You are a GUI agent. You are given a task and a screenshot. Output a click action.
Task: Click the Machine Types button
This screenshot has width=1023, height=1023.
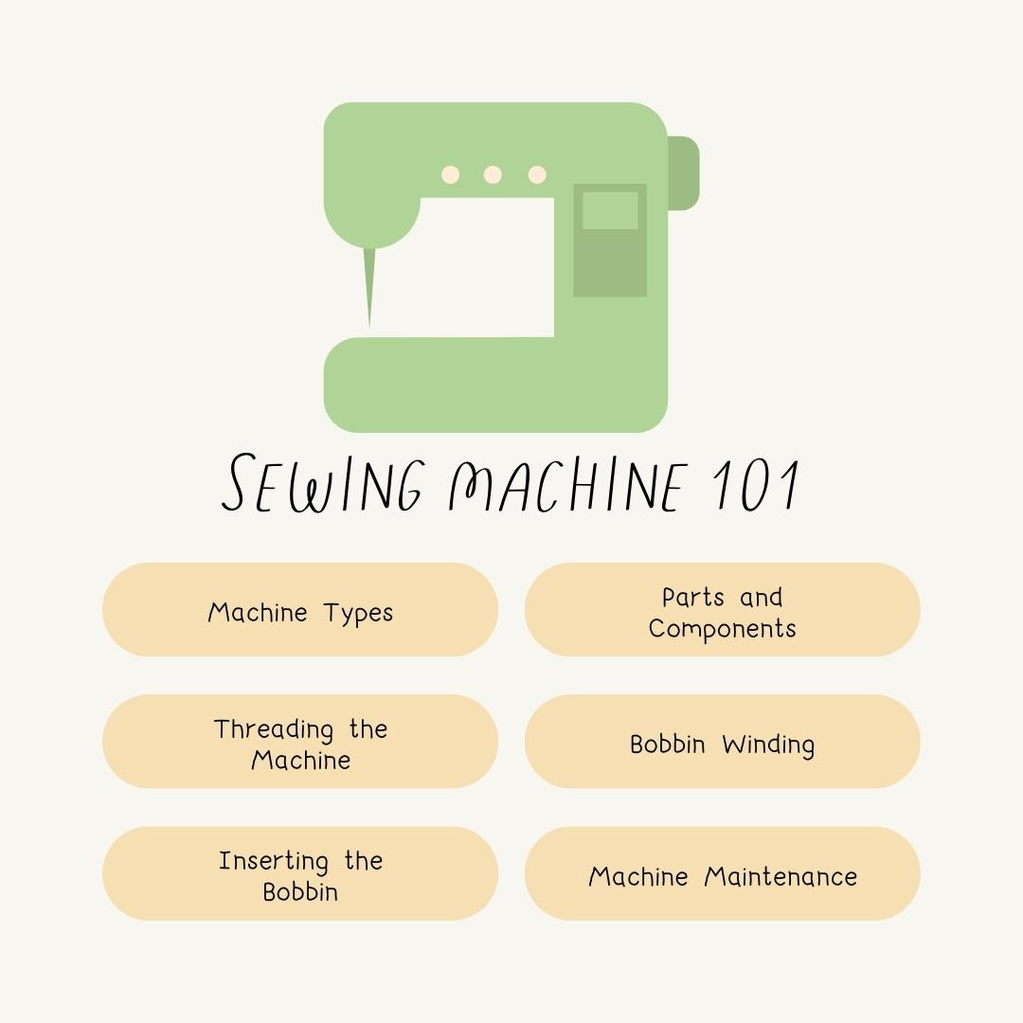(x=300, y=610)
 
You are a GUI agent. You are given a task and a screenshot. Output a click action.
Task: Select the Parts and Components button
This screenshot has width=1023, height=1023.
(x=722, y=610)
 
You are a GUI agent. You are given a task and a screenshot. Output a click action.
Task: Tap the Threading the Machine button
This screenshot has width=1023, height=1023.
(x=300, y=742)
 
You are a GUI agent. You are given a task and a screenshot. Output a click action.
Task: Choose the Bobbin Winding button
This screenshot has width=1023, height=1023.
(x=722, y=742)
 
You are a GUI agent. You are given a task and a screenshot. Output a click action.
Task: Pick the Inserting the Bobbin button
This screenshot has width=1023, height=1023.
(x=300, y=873)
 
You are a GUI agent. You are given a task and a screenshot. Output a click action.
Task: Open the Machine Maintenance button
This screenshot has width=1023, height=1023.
(x=722, y=873)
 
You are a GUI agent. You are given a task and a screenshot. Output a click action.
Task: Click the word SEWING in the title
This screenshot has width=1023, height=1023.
(x=323, y=485)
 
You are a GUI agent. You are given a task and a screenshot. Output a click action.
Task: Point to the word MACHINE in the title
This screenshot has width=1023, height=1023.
(x=565, y=485)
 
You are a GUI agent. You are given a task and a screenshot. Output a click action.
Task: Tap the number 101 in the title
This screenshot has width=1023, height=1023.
(x=758, y=485)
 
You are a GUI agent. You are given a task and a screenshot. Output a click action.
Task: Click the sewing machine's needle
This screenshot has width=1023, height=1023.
(x=369, y=284)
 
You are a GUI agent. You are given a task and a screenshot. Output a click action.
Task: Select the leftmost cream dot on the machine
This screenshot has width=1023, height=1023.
(x=451, y=174)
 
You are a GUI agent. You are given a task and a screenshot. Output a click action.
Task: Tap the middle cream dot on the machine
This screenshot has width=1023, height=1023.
(x=493, y=174)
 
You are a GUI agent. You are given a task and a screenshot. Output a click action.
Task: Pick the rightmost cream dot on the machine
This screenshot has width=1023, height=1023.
(x=537, y=174)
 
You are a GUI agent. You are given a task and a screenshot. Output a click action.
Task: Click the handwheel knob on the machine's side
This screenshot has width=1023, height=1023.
(x=684, y=173)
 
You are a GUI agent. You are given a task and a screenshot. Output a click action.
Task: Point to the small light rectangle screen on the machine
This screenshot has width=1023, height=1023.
(x=610, y=210)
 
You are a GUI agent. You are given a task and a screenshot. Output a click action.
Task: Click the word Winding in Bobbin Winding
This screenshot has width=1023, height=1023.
(x=767, y=745)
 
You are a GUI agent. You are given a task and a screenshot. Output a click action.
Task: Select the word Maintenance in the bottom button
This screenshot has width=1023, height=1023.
(x=781, y=876)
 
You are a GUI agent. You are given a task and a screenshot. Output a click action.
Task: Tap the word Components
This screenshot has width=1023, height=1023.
(x=722, y=629)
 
